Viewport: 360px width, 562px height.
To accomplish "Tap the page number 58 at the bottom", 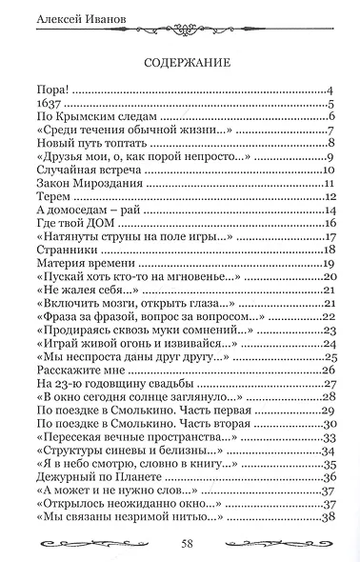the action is coord(181,544).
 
